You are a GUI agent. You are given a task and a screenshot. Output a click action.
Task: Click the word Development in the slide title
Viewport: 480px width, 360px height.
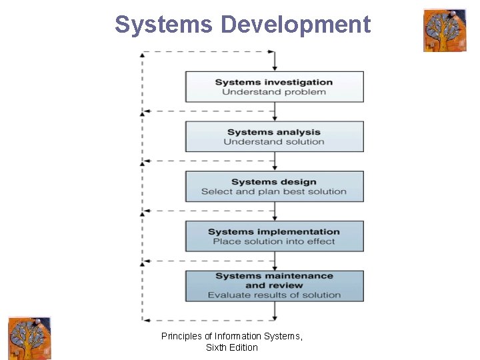tap(295, 25)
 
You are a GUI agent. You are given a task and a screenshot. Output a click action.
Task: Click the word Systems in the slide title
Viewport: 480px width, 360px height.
tap(164, 25)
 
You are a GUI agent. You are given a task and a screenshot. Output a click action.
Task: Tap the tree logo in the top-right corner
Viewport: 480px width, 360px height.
tap(444, 30)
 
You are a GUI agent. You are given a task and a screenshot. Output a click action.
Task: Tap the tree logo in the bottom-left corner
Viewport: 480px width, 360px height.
tap(29, 338)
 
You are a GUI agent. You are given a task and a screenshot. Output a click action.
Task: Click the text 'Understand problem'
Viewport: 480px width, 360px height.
tap(274, 92)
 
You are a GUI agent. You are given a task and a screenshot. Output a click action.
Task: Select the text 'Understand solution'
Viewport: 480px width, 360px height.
tap(274, 142)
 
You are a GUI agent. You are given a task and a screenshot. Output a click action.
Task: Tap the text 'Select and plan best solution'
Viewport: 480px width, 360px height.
tap(274, 192)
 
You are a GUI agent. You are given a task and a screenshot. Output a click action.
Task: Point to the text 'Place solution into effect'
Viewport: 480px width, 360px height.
tap(274, 241)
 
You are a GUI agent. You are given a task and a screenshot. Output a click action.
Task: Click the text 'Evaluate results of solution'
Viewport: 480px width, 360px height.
tap(274, 295)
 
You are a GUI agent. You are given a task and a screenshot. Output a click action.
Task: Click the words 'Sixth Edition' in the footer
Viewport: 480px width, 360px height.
tap(232, 347)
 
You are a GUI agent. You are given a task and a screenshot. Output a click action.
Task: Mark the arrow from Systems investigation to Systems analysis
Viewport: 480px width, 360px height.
tap(275, 112)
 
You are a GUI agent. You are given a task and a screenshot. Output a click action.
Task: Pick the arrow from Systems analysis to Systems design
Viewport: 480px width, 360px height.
tap(275, 162)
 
